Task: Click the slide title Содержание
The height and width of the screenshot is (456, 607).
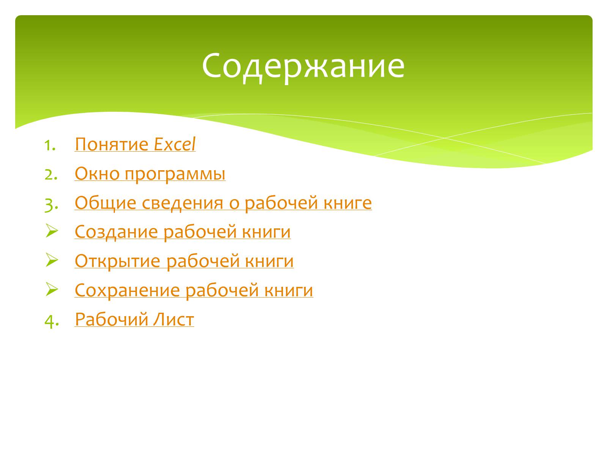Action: [303, 66]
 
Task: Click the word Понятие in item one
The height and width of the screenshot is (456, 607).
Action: [112, 144]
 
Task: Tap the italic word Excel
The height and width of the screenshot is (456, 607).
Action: [175, 144]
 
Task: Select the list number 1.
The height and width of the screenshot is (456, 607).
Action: [50, 146]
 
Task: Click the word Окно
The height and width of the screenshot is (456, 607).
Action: [97, 174]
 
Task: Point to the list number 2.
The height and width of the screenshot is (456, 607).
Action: [51, 175]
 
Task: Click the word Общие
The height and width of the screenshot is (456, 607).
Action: [105, 203]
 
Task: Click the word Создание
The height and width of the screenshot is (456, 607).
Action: [116, 232]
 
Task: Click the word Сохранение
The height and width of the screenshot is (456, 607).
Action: [127, 290]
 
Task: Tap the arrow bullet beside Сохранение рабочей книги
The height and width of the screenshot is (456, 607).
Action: [52, 289]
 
